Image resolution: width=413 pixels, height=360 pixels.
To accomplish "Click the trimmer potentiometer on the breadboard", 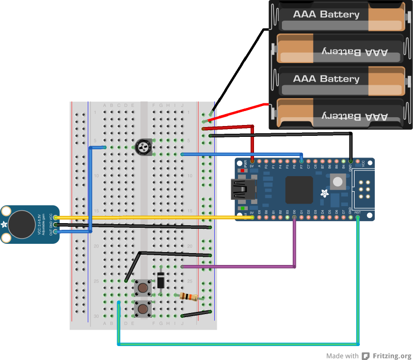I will tap(143, 147).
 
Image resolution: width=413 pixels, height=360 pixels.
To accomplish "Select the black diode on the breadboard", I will tap(161, 280).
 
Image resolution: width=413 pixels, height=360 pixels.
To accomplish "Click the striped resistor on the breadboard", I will tap(188, 297).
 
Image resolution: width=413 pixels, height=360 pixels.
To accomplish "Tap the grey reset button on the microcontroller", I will tap(338, 181).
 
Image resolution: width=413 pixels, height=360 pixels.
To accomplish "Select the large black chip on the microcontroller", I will tap(298, 190).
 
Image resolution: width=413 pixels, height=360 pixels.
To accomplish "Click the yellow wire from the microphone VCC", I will tap(155, 217).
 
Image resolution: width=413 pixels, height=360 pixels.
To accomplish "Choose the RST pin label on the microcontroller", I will tap(358, 212).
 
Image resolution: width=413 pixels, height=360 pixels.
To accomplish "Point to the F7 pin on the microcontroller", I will tap(301, 167).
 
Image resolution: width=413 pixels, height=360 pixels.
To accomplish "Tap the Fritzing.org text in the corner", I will tap(392, 355).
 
